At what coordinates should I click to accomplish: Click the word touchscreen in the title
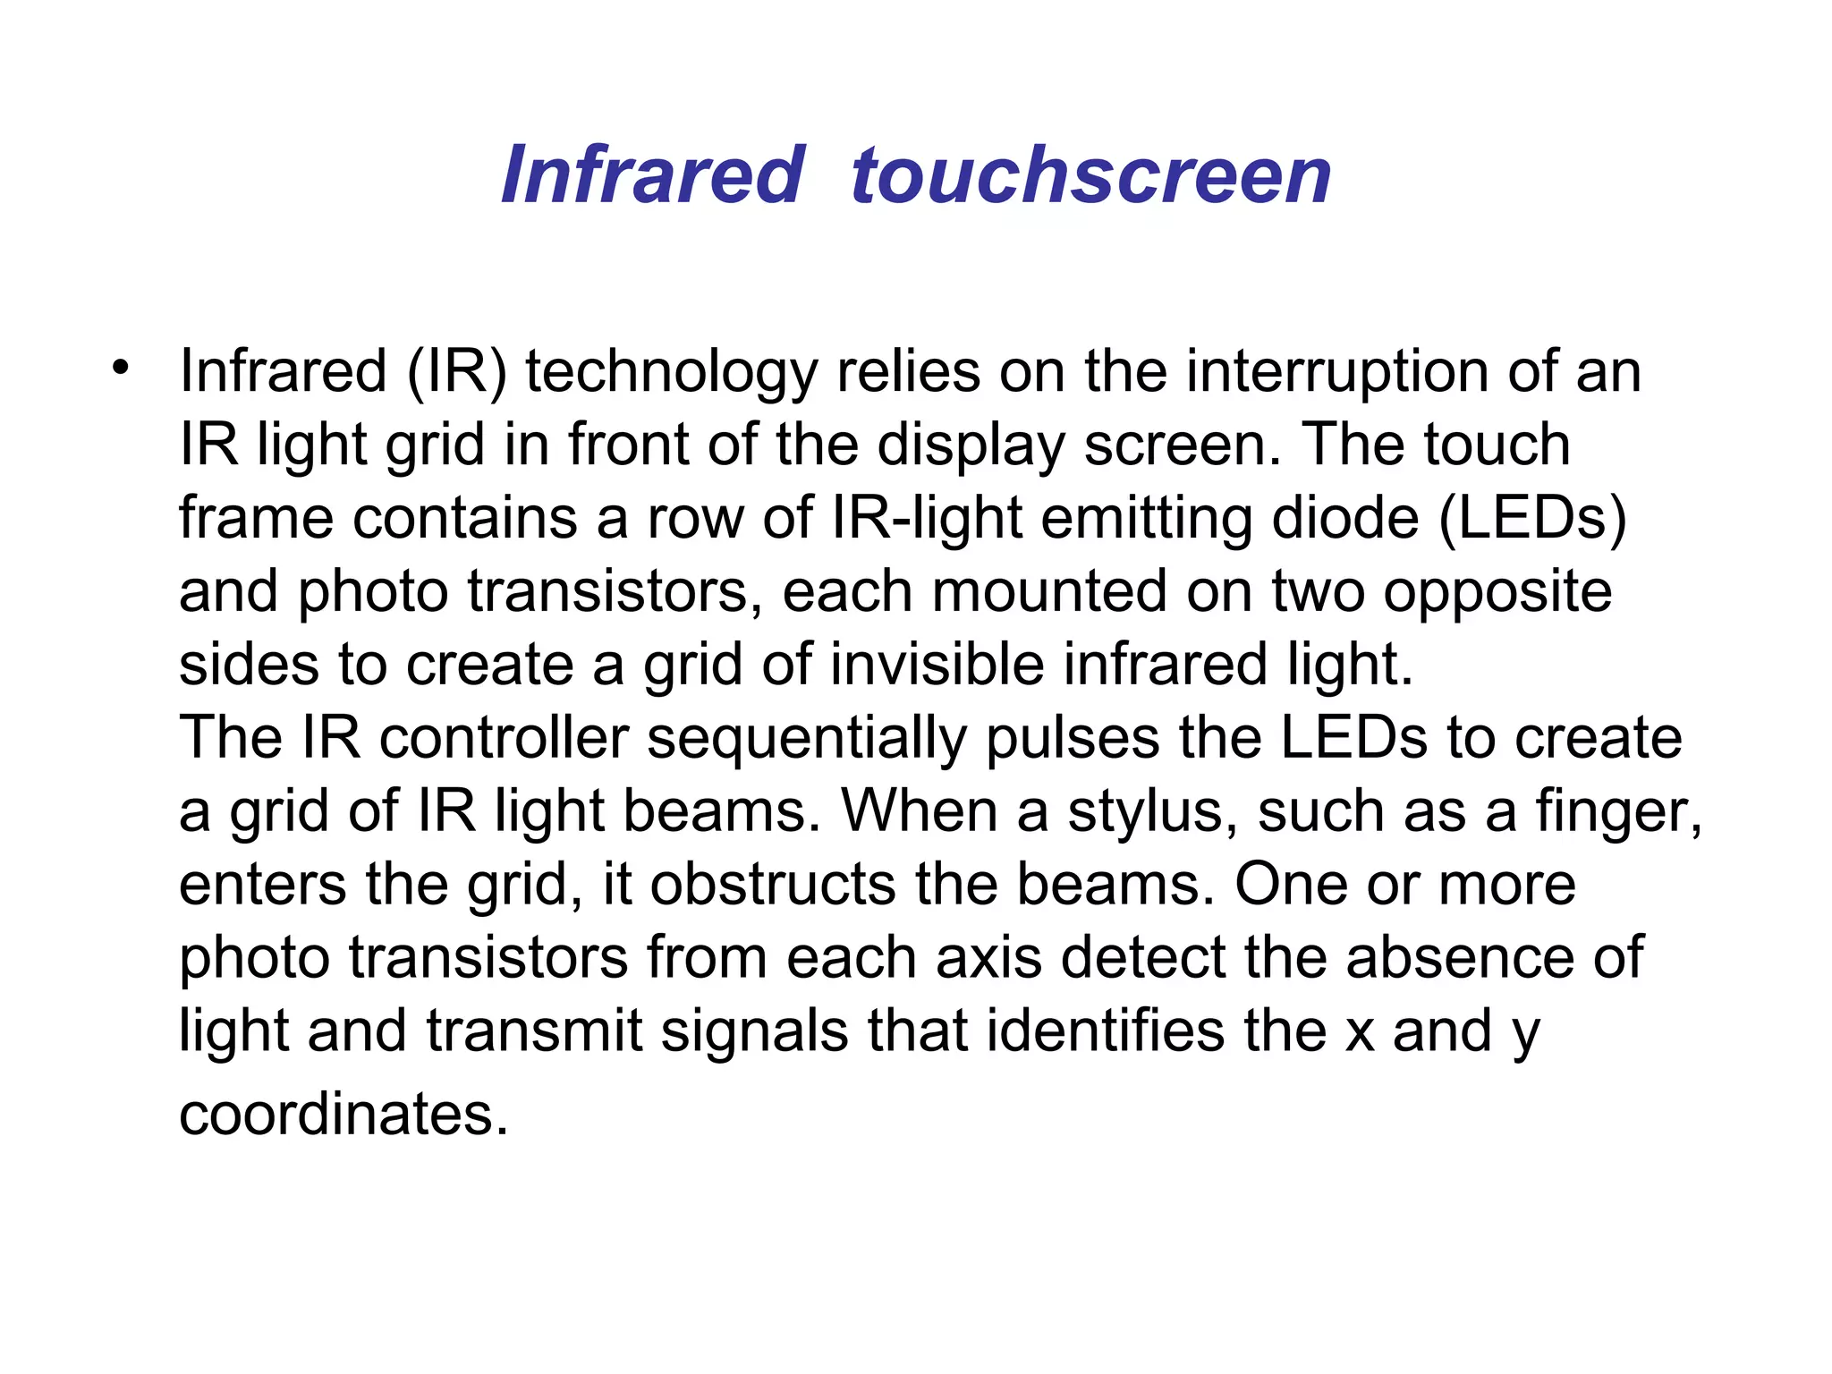click(x=1091, y=175)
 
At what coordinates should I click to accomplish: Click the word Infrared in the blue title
click(x=653, y=175)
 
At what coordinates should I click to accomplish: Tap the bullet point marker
click(x=121, y=367)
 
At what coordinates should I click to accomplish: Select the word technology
click(x=670, y=372)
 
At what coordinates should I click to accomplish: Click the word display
click(x=971, y=445)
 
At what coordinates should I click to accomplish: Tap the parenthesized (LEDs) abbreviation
click(x=1532, y=519)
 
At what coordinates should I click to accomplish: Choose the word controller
click(x=504, y=738)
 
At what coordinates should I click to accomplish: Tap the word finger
click(x=1618, y=813)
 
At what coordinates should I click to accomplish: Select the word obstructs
click(x=772, y=885)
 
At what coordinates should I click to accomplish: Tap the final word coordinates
click(x=343, y=1115)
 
